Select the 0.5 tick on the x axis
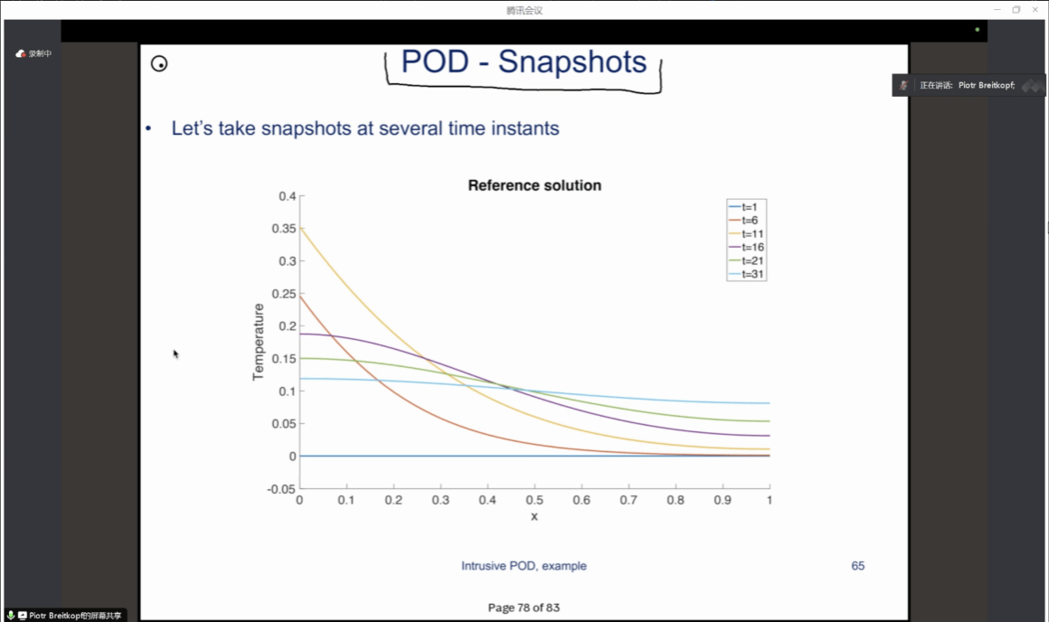pyautogui.click(x=534, y=501)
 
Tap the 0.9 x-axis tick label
pyautogui.click(x=723, y=501)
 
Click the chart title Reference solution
pyautogui.click(x=534, y=185)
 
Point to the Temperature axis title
pyautogui.click(x=259, y=342)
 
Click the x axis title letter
pyautogui.click(x=534, y=516)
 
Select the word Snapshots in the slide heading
pyautogui.click(x=572, y=61)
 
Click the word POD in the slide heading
pyautogui.click(x=435, y=61)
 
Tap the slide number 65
pyautogui.click(x=857, y=566)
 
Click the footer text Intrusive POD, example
pyautogui.click(x=524, y=566)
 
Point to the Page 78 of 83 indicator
pyautogui.click(x=524, y=608)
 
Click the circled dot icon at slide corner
pyautogui.click(x=159, y=63)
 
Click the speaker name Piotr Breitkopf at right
pyautogui.click(x=981, y=85)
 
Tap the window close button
pyautogui.click(x=1036, y=10)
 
